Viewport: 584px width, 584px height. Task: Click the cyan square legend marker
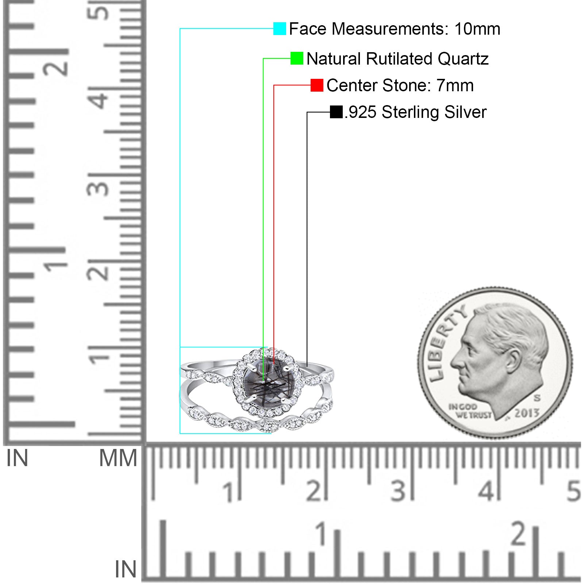[x=280, y=28]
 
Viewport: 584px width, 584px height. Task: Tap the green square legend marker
[x=297, y=58]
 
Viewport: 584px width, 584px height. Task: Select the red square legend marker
[x=317, y=85]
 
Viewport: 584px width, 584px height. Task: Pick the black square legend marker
[x=336, y=112]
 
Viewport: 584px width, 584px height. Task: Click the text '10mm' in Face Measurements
[x=477, y=29]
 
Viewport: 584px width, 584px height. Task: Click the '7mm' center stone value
[x=455, y=85]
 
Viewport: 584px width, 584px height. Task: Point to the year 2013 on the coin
[x=527, y=413]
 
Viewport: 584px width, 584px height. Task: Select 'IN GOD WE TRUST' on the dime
[x=470, y=411]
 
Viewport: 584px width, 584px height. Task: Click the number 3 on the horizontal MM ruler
[x=398, y=491]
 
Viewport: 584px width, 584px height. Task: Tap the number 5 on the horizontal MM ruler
[x=573, y=491]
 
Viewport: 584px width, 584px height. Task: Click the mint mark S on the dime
[x=537, y=397]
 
